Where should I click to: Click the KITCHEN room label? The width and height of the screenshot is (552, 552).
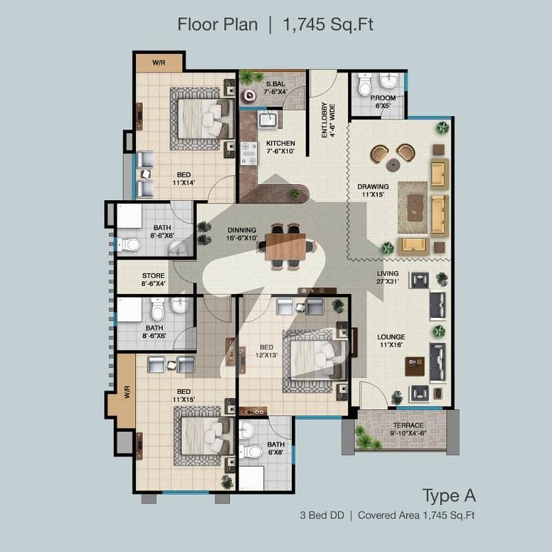[281, 144]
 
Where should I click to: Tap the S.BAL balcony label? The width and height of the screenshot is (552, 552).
[275, 83]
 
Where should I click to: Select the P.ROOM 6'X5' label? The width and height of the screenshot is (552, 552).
[383, 101]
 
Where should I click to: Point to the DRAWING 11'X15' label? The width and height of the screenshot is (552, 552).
[373, 190]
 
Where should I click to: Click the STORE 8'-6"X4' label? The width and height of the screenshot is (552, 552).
[153, 279]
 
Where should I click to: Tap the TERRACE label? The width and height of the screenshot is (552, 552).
[408, 425]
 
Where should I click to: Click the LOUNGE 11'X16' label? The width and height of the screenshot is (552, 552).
[391, 341]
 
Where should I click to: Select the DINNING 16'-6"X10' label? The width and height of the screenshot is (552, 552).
[242, 234]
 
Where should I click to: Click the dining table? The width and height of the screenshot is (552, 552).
[286, 247]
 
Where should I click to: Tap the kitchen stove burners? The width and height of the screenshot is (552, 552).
[249, 153]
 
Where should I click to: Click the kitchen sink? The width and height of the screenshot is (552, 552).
[269, 119]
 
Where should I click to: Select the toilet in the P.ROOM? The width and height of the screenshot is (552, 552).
[364, 85]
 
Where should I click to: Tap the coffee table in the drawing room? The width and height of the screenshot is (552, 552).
[415, 208]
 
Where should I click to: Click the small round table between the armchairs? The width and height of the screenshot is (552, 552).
[392, 164]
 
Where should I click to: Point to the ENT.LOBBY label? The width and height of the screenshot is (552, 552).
[328, 120]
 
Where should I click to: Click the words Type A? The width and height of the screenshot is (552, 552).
[449, 496]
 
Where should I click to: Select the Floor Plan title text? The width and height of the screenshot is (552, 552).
[217, 25]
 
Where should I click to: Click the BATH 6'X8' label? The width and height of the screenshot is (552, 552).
[275, 448]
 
